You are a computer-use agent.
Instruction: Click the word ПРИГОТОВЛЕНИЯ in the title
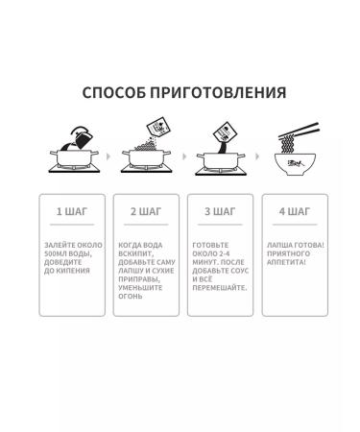pos(217,93)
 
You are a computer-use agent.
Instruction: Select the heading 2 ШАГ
pos(146,210)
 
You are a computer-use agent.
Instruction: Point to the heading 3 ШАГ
pos(220,210)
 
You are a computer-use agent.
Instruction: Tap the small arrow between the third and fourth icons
pos(258,155)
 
